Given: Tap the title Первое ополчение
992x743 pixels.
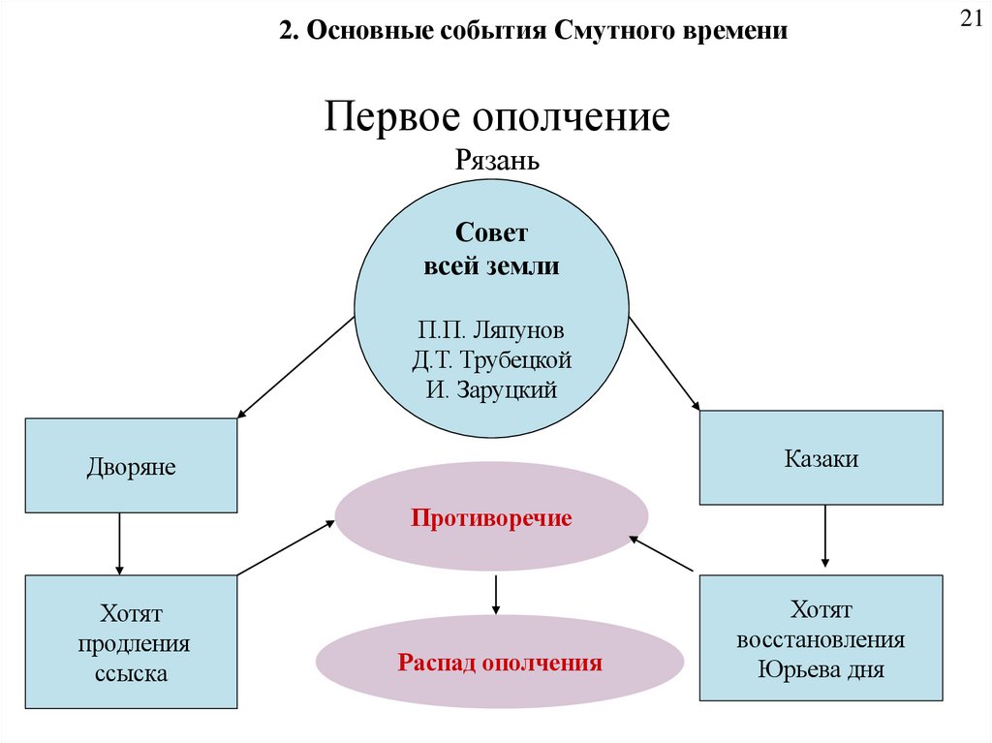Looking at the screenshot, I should (497, 118).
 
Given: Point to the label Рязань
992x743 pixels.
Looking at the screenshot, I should (497, 160).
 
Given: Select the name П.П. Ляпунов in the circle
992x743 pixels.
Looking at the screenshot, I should (492, 329).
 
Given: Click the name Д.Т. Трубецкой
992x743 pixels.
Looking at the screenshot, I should (492, 360).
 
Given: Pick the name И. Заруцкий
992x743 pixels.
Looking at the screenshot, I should (492, 391).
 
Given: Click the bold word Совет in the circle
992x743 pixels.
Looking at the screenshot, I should (492, 233).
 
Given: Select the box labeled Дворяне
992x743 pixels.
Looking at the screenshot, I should (131, 466).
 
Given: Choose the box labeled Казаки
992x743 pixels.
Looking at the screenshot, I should (821, 458).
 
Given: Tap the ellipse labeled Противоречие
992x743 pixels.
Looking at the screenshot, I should (491, 517).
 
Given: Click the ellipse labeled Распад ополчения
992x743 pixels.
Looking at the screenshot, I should (500, 664).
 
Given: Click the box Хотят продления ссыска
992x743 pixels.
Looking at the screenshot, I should (131, 642).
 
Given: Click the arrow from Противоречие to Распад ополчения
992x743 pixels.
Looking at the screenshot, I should (495, 594).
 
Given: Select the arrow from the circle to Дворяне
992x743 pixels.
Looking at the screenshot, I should (295, 367).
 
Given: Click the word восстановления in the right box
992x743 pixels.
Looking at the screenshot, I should (821, 640).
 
